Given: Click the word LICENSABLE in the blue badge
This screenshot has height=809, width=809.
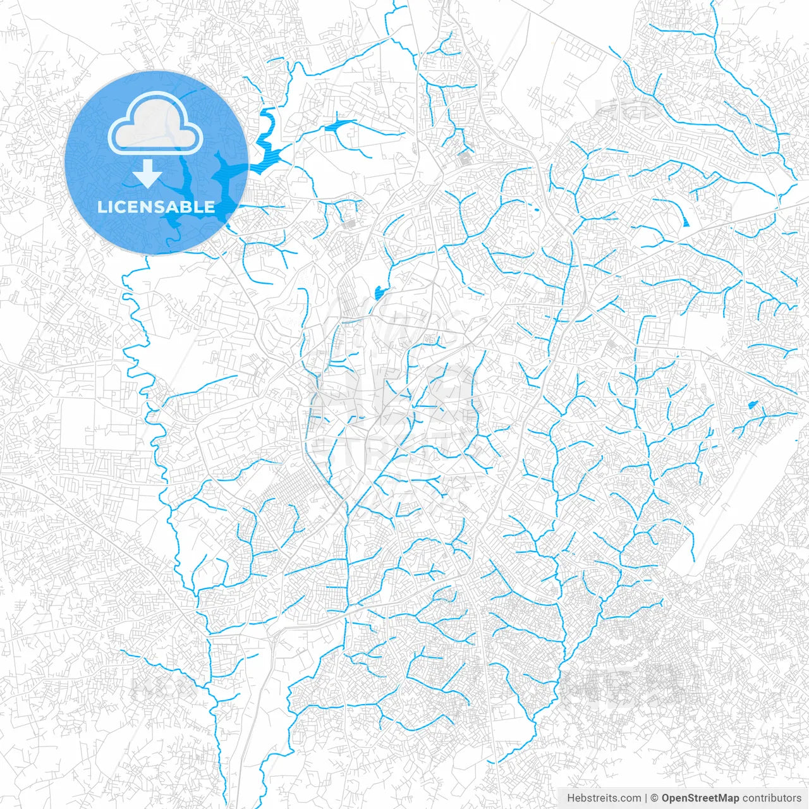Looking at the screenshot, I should pos(155,207).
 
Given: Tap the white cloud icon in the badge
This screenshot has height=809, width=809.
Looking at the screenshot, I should pos(155,125).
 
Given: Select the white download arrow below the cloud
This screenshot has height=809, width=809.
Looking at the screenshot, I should pos(148,174).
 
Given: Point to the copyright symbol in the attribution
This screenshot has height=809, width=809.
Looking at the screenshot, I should pos(655,798).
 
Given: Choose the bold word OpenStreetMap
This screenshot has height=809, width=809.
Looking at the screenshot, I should pos(700,798).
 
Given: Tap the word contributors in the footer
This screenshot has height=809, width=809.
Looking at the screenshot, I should pos(772,798).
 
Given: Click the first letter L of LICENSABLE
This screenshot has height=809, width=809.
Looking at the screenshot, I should pos(101,207).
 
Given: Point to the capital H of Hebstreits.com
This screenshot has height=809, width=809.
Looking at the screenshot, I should pos(571,798).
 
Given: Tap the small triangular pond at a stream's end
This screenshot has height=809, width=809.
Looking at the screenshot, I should pos(686,219).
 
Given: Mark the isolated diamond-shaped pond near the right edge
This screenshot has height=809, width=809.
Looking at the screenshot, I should pos(752,404).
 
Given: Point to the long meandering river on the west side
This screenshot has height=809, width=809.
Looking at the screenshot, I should pos(152,404).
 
